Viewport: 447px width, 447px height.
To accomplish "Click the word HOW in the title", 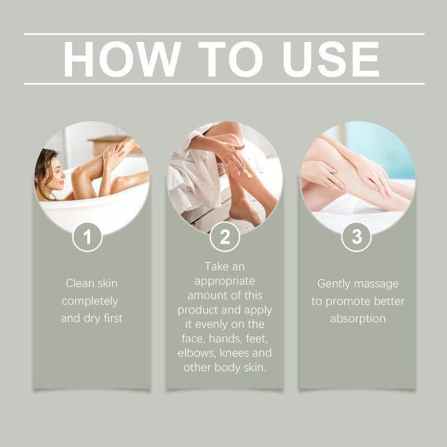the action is (122, 59).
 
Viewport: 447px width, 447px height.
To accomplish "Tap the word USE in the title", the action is (331, 59).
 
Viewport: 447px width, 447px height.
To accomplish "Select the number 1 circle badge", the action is (87, 237).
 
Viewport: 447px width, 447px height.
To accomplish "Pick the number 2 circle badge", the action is (225, 237).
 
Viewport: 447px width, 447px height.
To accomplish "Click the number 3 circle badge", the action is (356, 237).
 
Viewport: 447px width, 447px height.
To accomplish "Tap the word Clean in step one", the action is (80, 283).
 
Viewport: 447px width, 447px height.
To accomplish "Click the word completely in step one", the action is (90, 301).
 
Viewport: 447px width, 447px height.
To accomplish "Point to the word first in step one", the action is (113, 318).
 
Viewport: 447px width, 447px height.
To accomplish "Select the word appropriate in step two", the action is (225, 282).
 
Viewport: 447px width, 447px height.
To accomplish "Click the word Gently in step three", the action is (334, 284).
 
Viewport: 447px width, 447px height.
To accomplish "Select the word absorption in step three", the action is (358, 318).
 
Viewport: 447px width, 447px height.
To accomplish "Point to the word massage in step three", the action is (376, 284).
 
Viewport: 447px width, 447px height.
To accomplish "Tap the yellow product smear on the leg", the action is (248, 173).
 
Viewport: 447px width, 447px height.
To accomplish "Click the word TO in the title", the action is (230, 59).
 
